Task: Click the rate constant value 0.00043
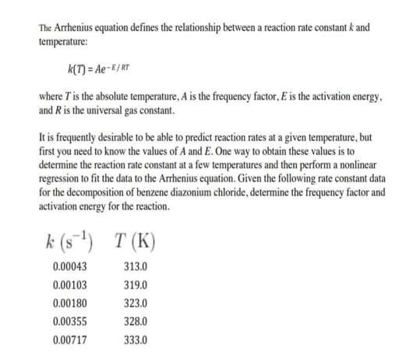pos(68,266)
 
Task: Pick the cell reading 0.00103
pos(68,285)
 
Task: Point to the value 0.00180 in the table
pos(68,303)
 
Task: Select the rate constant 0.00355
pos(68,321)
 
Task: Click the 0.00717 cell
pos(68,340)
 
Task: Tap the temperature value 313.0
pos(136,266)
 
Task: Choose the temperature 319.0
pos(136,285)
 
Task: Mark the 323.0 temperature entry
pos(136,303)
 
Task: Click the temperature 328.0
pos(136,321)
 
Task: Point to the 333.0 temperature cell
pos(136,340)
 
